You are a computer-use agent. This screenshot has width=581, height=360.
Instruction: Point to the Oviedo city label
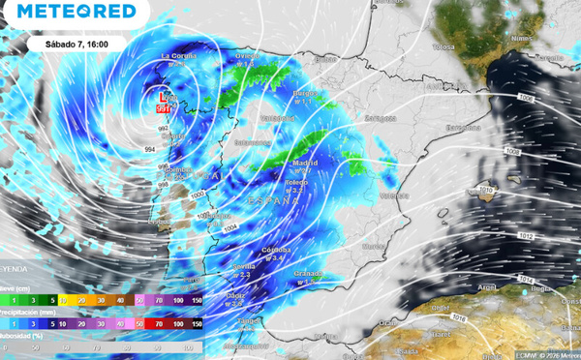[250, 55]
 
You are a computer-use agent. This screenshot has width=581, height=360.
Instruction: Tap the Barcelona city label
[462, 127]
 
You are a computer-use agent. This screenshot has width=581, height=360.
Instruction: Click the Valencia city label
[394, 196]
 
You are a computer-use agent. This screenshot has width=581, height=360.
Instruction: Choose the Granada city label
[307, 274]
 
